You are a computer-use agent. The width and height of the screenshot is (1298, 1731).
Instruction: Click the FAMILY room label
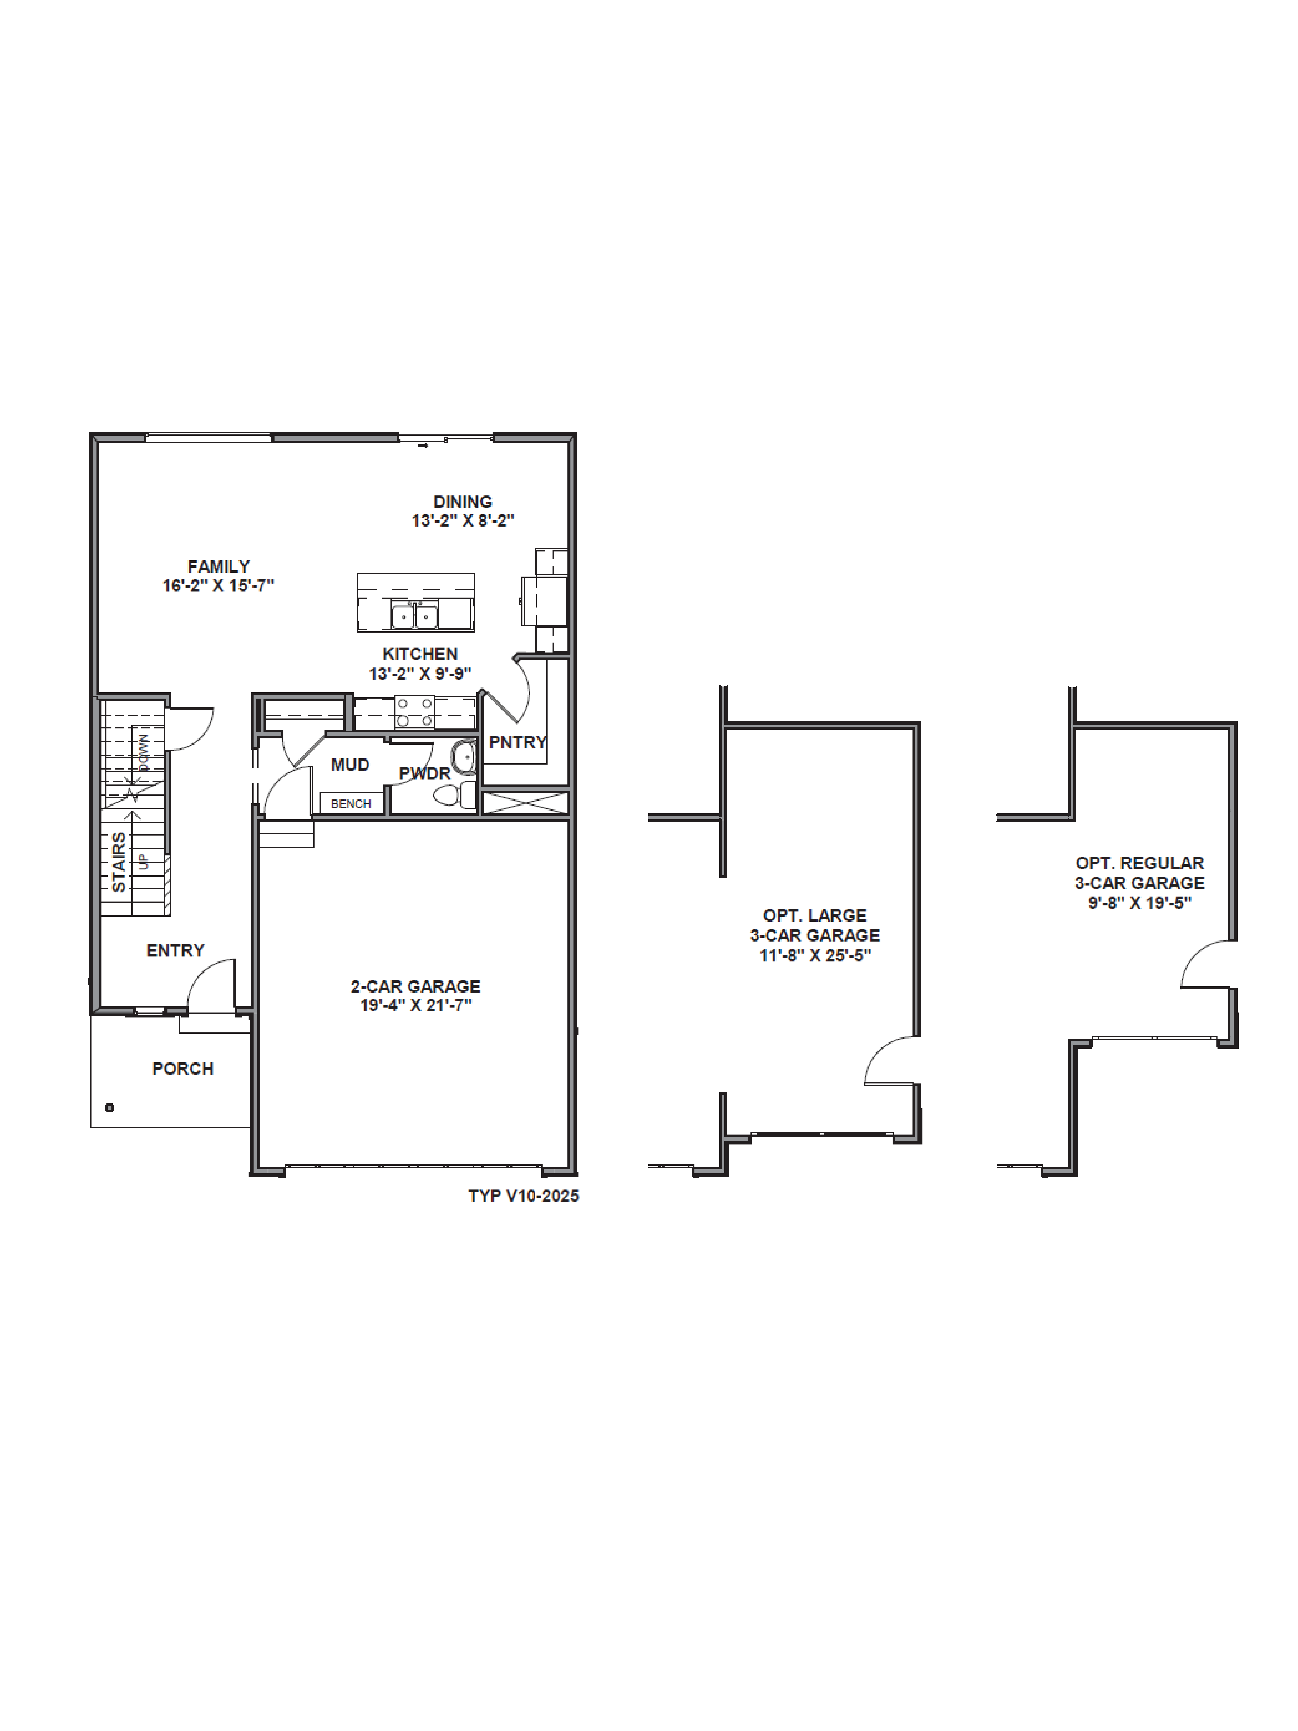click(218, 566)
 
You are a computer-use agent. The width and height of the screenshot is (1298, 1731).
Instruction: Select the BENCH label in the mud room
click(350, 804)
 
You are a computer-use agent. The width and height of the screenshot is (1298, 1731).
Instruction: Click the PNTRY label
click(517, 742)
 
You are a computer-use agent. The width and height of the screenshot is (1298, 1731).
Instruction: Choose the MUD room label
click(350, 765)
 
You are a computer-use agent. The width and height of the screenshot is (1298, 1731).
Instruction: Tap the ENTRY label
click(175, 950)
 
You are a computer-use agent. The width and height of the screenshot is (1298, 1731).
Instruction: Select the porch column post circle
click(109, 1107)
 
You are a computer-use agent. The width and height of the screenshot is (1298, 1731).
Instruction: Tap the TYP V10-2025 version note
click(524, 1196)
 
